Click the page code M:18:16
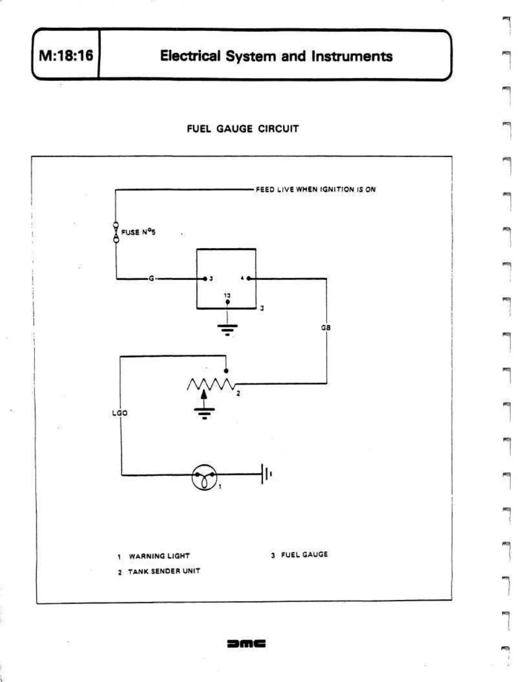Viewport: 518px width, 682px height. (66, 56)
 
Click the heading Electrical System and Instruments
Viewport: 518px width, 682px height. (276, 56)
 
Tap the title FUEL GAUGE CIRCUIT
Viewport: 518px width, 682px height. (242, 129)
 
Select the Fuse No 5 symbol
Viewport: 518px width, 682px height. (116, 232)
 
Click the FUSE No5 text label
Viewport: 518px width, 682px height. (138, 232)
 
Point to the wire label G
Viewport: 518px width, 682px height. (151, 278)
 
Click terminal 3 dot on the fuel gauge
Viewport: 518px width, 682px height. (205, 278)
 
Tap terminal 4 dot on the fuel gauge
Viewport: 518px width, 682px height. (249, 278)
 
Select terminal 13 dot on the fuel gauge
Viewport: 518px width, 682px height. (227, 302)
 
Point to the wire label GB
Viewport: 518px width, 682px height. (326, 327)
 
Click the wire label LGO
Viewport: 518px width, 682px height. (120, 413)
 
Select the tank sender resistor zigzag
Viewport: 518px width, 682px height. (210, 384)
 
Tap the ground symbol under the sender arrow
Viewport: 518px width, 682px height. (204, 413)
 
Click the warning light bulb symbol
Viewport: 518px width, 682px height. (204, 476)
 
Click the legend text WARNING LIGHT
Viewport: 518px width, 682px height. (159, 556)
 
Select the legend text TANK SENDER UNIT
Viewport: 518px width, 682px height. (164, 571)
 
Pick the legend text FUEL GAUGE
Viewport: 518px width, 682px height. (304, 554)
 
